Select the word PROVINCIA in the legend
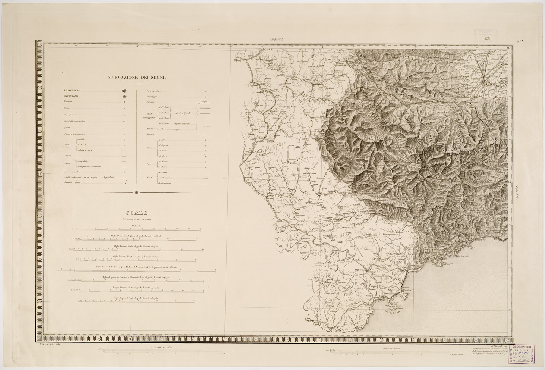coord(72,90)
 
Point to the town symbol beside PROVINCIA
coord(124,91)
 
